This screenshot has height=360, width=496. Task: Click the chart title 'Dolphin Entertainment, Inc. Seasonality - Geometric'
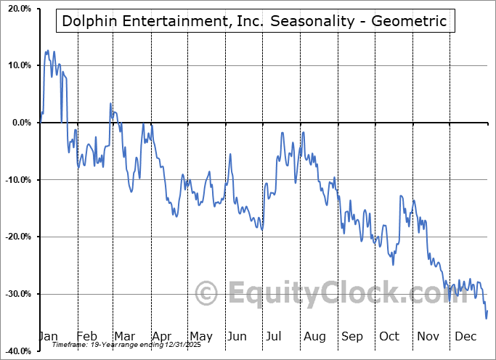click(254, 21)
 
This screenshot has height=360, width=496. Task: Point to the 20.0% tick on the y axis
click(17, 9)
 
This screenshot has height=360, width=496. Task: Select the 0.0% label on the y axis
click(20, 123)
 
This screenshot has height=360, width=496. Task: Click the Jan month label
click(48, 336)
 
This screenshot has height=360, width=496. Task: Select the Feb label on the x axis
click(86, 336)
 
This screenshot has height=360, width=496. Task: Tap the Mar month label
click(123, 336)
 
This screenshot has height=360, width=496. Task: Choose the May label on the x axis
click(200, 336)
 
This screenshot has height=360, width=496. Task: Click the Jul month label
click(275, 336)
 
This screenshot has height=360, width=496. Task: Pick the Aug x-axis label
click(314, 336)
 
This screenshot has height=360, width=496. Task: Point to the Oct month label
click(389, 336)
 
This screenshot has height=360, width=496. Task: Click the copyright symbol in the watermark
click(207, 294)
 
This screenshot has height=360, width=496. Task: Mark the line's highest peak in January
click(48, 51)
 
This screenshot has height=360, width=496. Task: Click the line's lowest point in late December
click(486, 318)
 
